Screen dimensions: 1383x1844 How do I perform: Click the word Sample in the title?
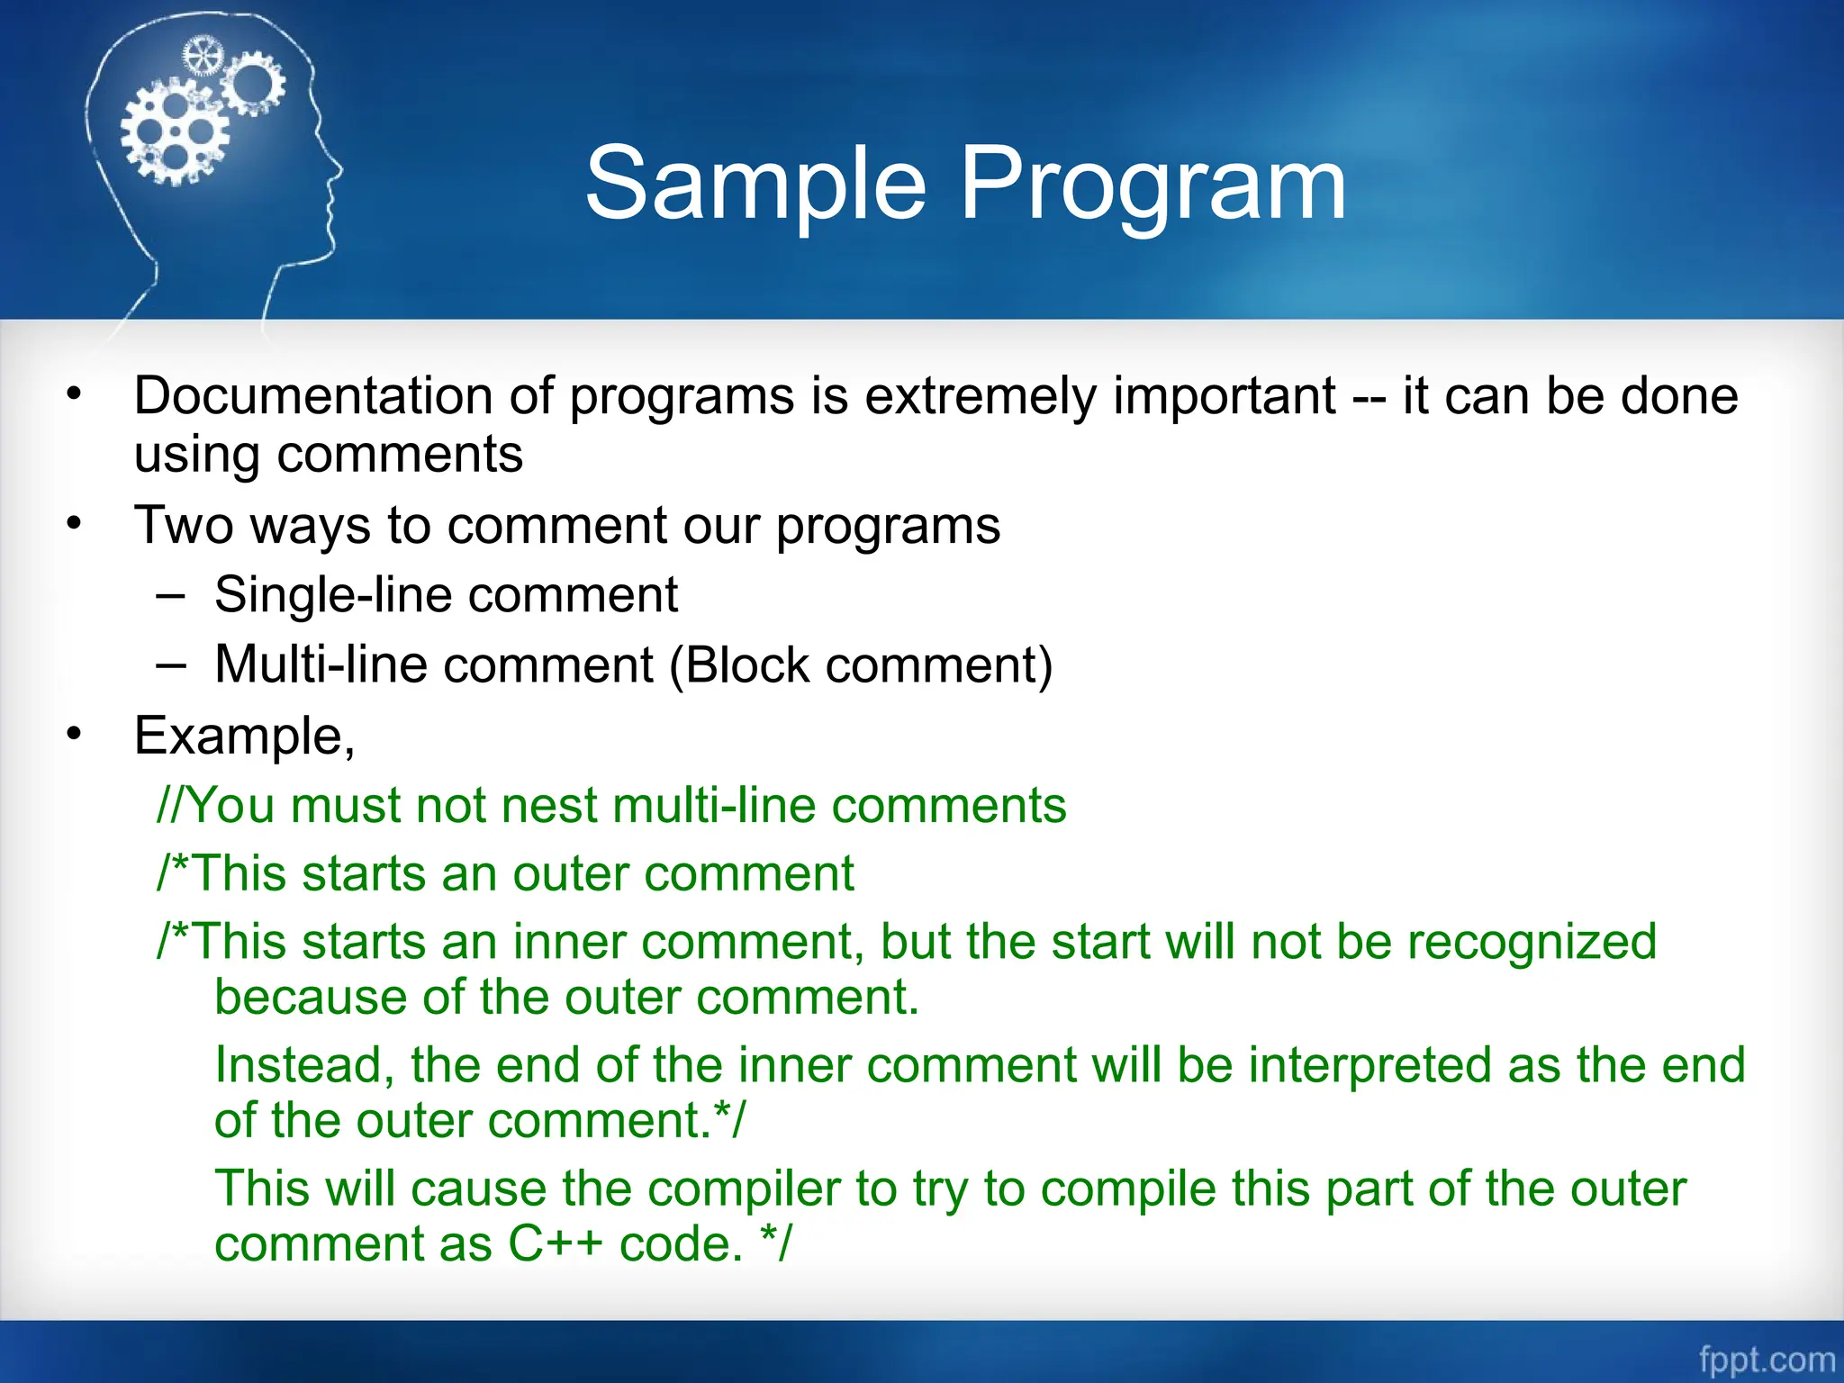coord(755,185)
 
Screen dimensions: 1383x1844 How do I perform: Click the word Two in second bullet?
coord(184,525)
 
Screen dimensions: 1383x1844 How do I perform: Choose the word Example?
coord(244,737)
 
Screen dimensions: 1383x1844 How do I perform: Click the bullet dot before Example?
coord(75,735)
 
